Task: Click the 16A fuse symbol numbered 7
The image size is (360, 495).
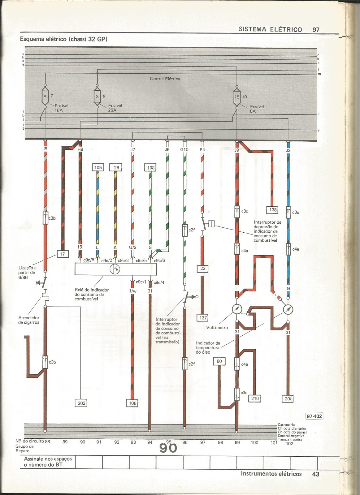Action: click(45, 96)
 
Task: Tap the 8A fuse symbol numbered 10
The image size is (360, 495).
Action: click(237, 97)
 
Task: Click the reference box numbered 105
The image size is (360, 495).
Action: click(98, 168)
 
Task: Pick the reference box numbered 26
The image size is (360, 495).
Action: click(116, 168)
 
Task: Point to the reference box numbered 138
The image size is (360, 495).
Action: click(273, 210)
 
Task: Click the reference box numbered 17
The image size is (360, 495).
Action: click(63, 254)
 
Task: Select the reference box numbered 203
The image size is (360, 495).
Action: click(81, 403)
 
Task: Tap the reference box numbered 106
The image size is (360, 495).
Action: click(132, 403)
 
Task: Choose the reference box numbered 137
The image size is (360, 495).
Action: click(203, 318)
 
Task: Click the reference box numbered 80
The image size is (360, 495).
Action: click(219, 361)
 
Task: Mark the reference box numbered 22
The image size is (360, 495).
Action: click(203, 269)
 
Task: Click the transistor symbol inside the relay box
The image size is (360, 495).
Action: click(115, 269)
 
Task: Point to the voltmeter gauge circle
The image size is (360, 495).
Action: click(237, 309)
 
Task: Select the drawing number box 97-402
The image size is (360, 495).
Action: click(314, 416)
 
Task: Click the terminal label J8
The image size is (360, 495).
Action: click(45, 149)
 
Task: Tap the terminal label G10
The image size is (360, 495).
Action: click(184, 149)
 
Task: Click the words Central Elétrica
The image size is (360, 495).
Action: click(165, 79)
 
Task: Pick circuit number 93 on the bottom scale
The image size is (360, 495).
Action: click(133, 442)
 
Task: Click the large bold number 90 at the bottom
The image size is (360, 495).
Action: click(168, 448)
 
